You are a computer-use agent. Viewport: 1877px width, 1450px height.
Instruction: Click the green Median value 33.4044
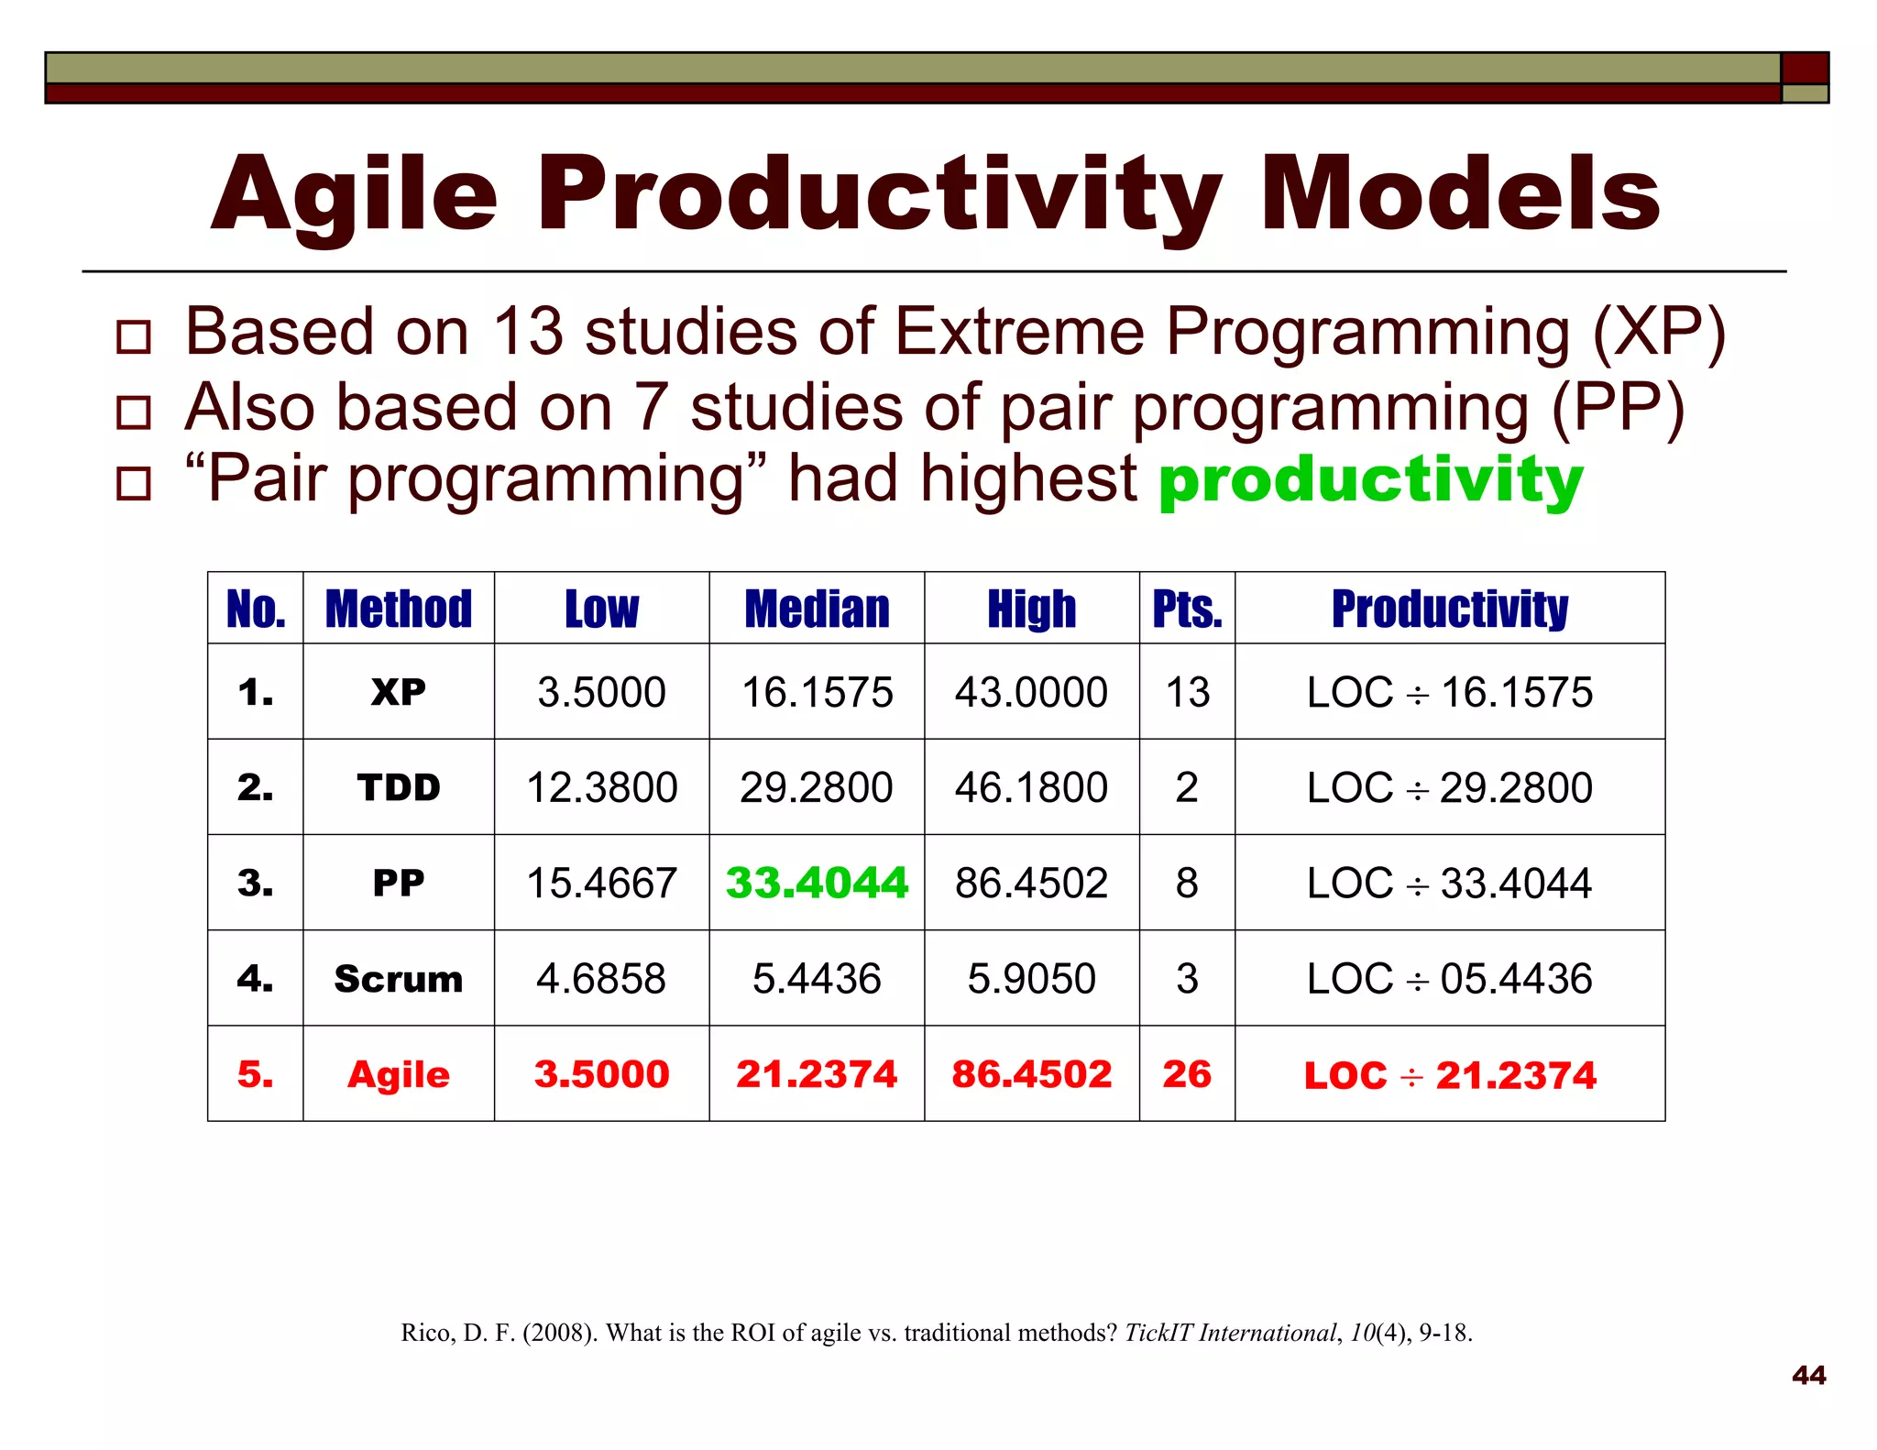(x=816, y=883)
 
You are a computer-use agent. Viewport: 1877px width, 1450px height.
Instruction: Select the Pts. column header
(x=1187, y=610)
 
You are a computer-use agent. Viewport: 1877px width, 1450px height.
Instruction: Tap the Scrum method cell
(x=399, y=979)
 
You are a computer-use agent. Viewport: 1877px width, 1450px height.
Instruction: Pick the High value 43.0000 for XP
(x=1031, y=692)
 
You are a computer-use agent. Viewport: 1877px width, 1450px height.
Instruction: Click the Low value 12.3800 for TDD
(x=601, y=787)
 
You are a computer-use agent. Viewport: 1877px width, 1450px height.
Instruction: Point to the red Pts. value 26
(x=1187, y=1074)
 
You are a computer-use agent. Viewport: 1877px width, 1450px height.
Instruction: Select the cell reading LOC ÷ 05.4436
(x=1449, y=979)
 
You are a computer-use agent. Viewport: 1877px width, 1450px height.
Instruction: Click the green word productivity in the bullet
(x=1370, y=479)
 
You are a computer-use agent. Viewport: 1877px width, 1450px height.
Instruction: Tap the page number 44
(x=1808, y=1375)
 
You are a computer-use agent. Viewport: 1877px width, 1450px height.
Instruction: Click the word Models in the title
(x=1459, y=194)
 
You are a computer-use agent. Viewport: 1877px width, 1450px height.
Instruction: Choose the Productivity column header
(x=1449, y=610)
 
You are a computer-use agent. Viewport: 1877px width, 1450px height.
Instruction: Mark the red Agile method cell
(x=399, y=1074)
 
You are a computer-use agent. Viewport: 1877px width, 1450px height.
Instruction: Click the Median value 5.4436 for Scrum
(x=816, y=979)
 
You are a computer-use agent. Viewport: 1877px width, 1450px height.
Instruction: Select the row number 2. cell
(x=255, y=787)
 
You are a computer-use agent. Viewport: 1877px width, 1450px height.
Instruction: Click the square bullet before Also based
(x=134, y=412)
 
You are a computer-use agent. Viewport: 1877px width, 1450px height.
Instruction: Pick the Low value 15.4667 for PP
(x=601, y=883)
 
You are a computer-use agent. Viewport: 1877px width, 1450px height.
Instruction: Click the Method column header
(x=399, y=610)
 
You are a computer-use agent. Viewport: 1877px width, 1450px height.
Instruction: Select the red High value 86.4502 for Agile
(x=1031, y=1074)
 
